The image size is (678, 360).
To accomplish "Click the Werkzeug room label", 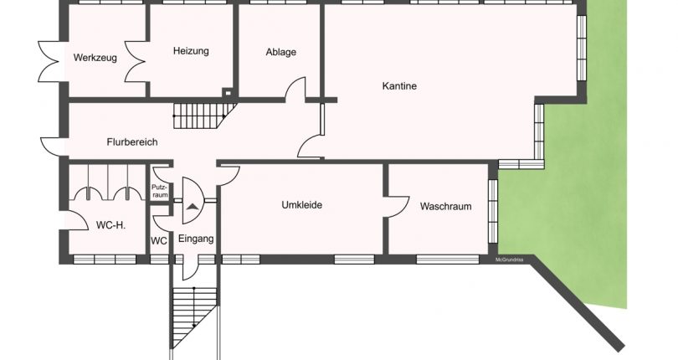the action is (95, 58).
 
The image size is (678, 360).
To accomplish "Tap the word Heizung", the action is (191, 51).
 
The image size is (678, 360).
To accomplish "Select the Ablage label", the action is (281, 52).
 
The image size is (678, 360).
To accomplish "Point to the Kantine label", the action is (399, 85).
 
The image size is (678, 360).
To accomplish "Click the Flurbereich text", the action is (132, 142).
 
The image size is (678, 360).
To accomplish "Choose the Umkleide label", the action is (302, 204).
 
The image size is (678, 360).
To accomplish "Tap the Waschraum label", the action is (446, 207).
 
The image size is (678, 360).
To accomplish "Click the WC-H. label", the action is (110, 225).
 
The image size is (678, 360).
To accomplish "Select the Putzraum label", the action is (160, 191).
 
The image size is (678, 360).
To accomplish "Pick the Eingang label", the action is (196, 239).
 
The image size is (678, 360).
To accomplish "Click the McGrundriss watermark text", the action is (510, 260).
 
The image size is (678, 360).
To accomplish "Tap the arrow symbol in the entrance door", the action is (193, 206).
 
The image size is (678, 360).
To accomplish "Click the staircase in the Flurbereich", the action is (204, 116).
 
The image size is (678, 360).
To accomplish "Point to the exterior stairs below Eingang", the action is (194, 317).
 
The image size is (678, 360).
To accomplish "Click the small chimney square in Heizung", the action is (228, 92).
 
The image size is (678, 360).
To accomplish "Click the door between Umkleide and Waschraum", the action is (396, 207).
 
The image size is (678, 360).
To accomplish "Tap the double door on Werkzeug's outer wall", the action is (49, 61).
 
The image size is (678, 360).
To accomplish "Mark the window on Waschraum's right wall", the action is (493, 211).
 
